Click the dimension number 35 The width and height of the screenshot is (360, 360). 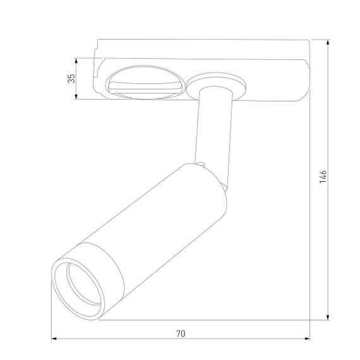(71, 78)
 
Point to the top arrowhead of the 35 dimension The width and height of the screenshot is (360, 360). (77, 61)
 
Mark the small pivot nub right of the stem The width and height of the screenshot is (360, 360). (224, 187)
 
